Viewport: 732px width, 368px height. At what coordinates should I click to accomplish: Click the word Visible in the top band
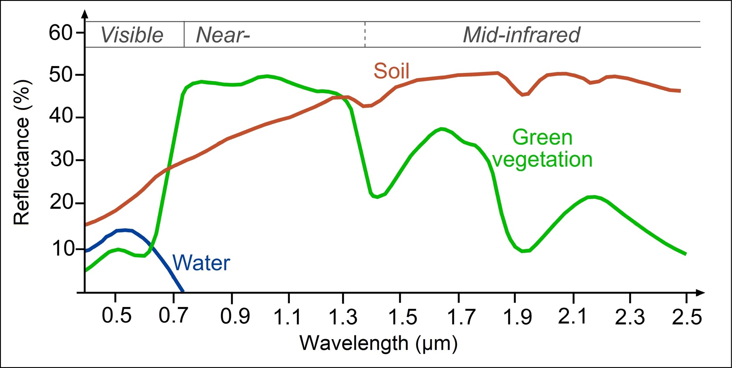click(132, 35)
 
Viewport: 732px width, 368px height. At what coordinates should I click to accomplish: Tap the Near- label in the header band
click(223, 35)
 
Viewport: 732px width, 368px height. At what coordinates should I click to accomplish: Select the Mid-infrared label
click(521, 35)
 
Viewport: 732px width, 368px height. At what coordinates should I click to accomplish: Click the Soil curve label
click(391, 71)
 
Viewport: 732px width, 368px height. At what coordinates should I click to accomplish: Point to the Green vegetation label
click(542, 148)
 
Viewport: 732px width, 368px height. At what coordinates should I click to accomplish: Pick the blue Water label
click(201, 263)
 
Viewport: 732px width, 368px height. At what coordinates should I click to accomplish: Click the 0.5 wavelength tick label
click(116, 316)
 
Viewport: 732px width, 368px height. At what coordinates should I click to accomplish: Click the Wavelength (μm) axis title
click(379, 343)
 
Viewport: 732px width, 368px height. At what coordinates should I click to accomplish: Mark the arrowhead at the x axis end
click(701, 293)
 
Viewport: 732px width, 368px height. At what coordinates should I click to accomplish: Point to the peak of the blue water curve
click(125, 230)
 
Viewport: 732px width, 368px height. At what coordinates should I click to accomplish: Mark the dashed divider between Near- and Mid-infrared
click(365, 34)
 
